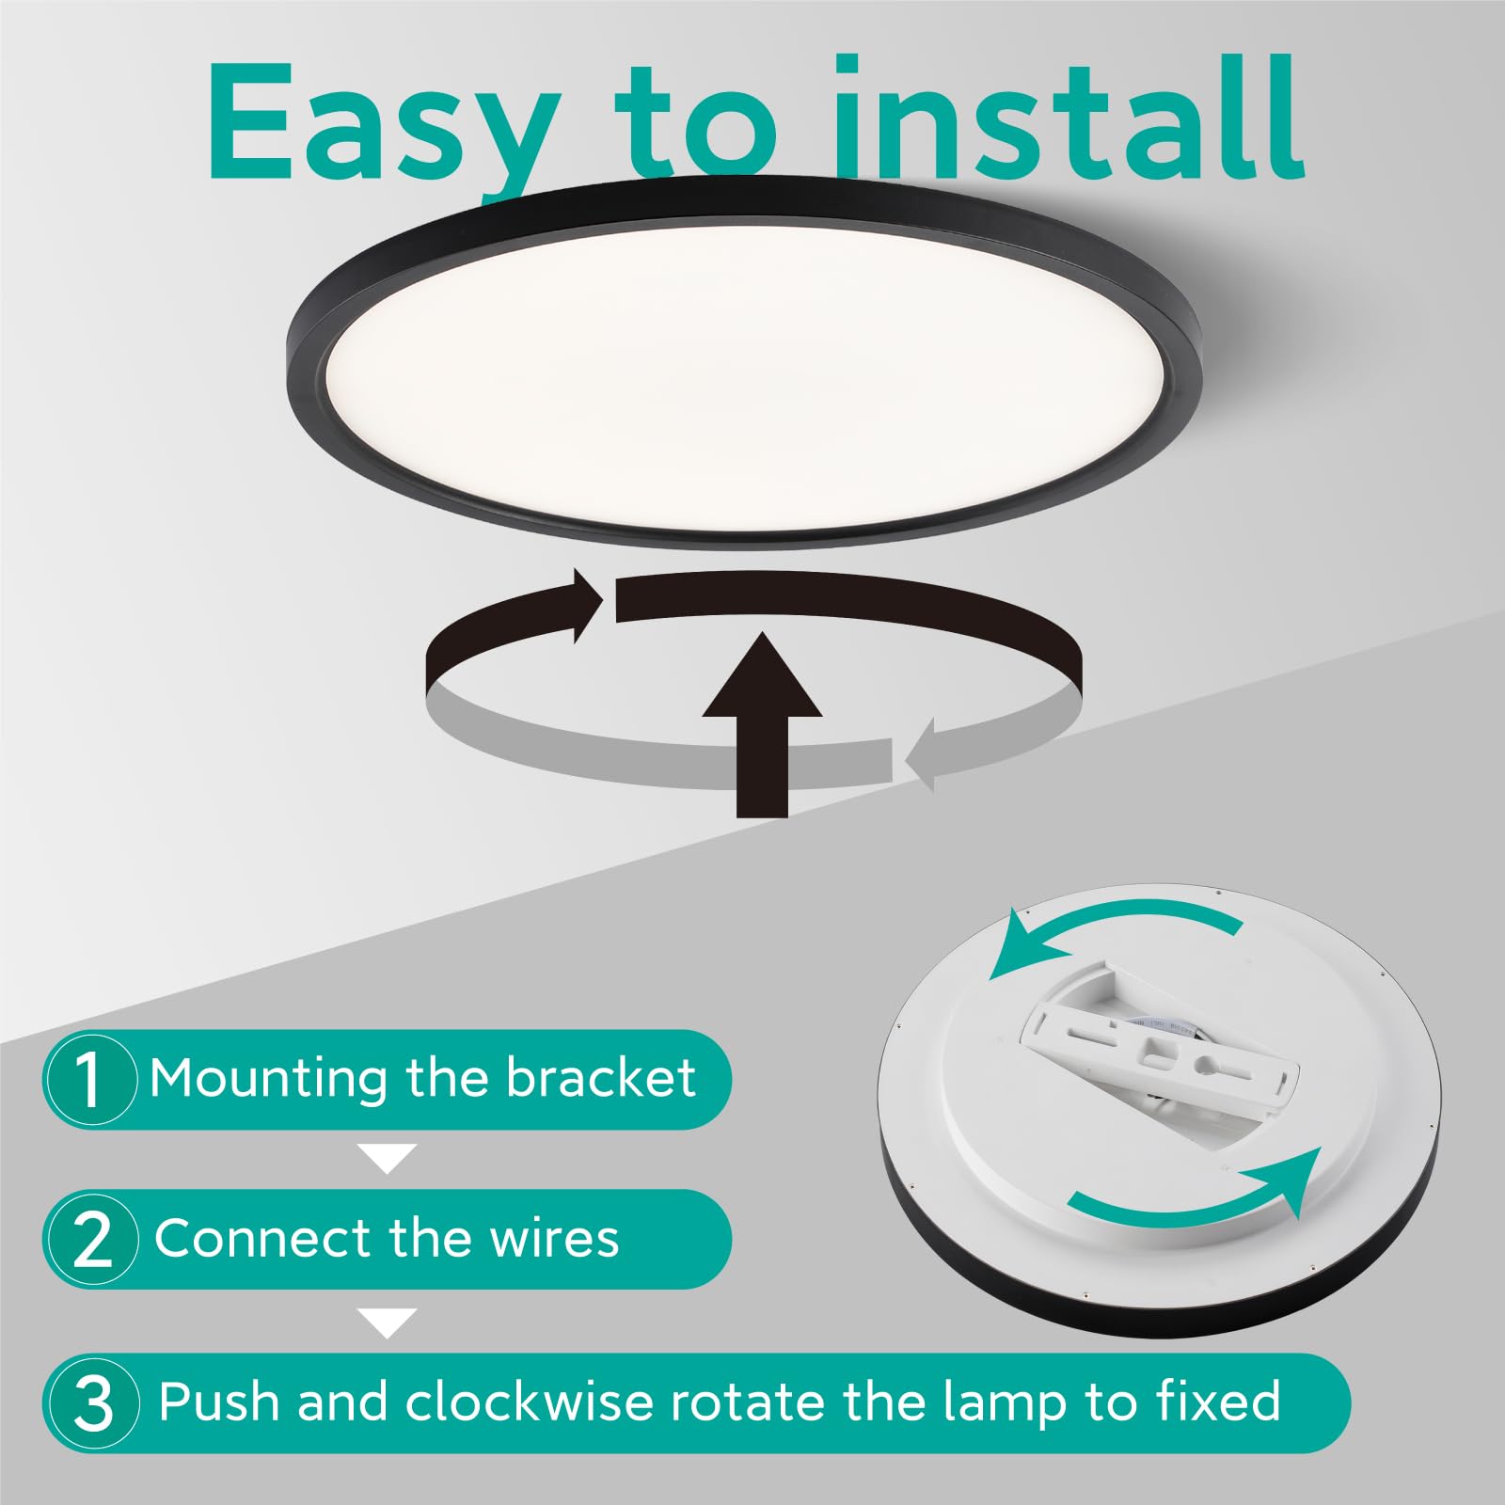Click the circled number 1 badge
point(89,1079)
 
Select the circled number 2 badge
point(91,1240)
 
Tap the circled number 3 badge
point(92,1403)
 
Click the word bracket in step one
point(601,1078)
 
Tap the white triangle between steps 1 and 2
point(388,1158)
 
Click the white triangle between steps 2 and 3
point(388,1322)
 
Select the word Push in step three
point(220,1402)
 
